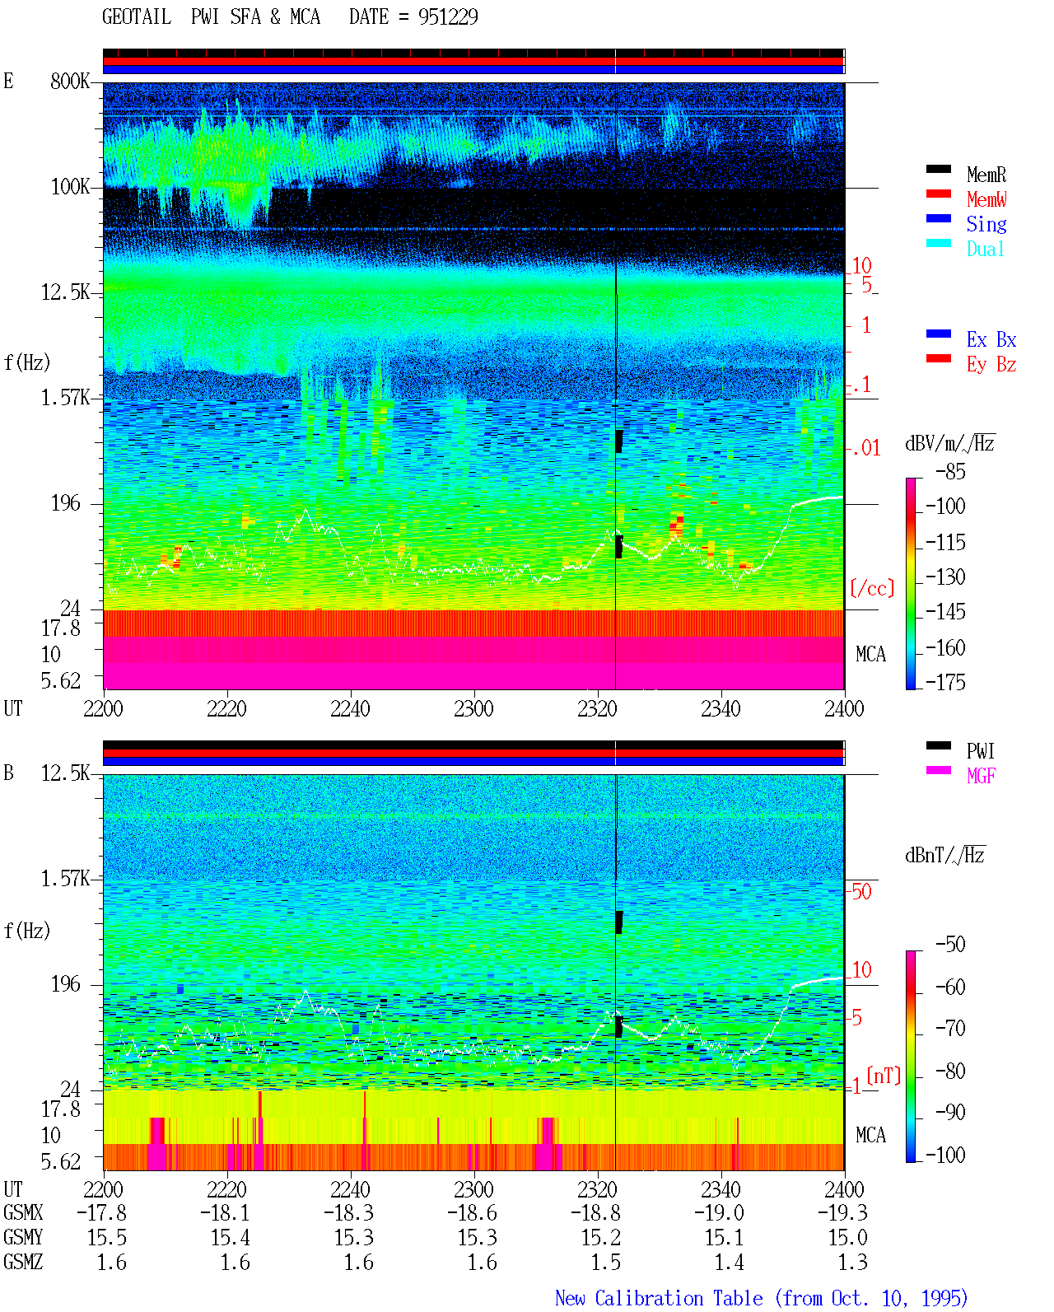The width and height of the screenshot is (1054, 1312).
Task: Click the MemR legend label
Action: coord(986,175)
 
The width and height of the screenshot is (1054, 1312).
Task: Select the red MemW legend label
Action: coord(986,199)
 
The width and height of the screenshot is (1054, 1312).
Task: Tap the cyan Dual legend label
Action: coord(985,249)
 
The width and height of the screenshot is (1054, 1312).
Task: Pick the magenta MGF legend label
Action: coord(981,776)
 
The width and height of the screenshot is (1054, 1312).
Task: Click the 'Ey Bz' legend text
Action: coord(991,365)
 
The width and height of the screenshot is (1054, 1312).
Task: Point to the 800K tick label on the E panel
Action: coord(70,81)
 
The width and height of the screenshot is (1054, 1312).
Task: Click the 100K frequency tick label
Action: coord(70,187)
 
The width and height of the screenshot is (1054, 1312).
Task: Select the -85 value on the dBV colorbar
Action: coord(950,471)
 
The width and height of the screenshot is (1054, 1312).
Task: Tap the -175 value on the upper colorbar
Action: coord(945,682)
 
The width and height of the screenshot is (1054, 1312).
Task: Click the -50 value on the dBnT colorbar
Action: coord(950,944)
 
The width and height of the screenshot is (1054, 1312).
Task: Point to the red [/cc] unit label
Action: coord(872,588)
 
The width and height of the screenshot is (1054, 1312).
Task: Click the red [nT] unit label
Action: coord(884,1075)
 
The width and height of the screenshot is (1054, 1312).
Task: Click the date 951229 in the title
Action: coord(448,16)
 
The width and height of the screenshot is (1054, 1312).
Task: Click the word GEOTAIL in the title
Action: coord(137,16)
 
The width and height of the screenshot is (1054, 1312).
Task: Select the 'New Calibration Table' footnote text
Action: coord(659,1298)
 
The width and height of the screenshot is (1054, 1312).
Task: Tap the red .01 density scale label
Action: coord(865,449)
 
